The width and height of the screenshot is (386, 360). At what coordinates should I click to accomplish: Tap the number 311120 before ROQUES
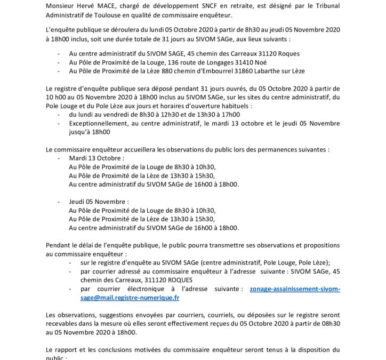155,280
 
